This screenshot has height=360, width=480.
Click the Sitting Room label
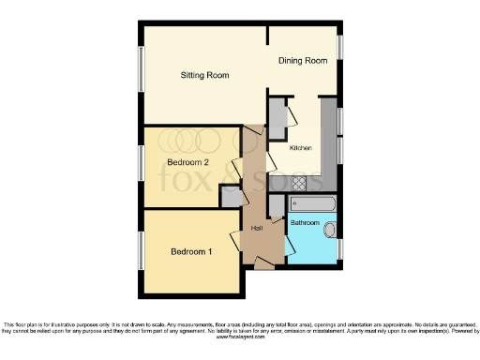[204, 76]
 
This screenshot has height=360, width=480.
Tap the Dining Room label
[303, 61]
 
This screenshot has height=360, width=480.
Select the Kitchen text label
[300, 148]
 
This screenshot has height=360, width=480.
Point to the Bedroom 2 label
[188, 162]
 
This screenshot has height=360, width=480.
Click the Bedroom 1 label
[190, 251]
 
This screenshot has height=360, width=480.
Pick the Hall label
[256, 228]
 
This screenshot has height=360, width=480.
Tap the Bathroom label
[304, 223]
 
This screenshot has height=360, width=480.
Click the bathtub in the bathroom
[313, 202]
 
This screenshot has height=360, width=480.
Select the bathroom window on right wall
[340, 247]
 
